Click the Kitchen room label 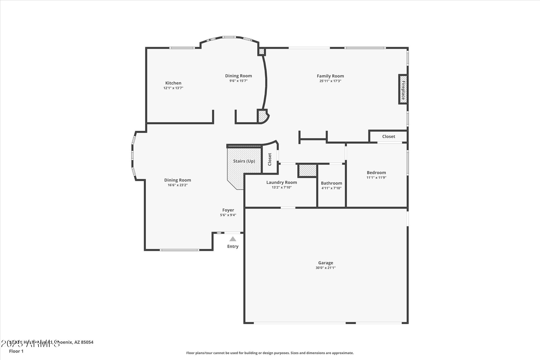(173, 83)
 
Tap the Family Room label (330, 76)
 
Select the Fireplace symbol (403, 90)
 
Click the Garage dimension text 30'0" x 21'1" (325, 268)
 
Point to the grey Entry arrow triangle (233, 239)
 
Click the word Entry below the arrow (233, 246)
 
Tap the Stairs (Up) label (244, 161)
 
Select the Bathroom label (331, 183)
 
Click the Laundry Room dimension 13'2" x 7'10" (282, 187)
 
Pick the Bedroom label (376, 173)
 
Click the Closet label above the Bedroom (389, 136)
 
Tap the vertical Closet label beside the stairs (269, 159)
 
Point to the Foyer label (228, 210)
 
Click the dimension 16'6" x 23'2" (177, 185)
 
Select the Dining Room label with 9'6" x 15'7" (238, 76)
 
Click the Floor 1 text (16, 351)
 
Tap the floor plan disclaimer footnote (270, 353)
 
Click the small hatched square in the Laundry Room (307, 171)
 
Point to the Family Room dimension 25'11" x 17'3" (330, 81)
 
